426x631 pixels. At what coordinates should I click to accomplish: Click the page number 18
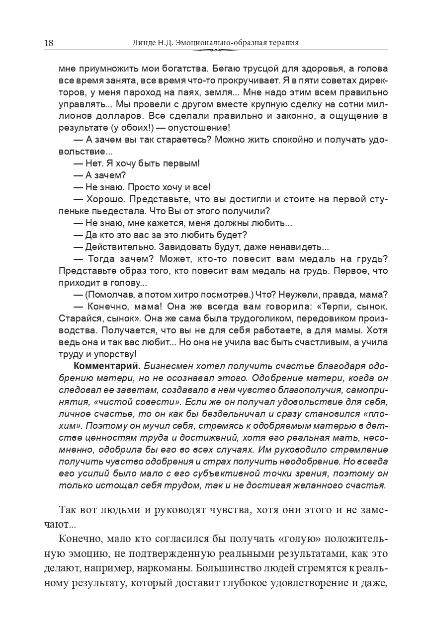(x=49, y=43)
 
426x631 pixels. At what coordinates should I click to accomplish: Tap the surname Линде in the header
(x=145, y=43)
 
